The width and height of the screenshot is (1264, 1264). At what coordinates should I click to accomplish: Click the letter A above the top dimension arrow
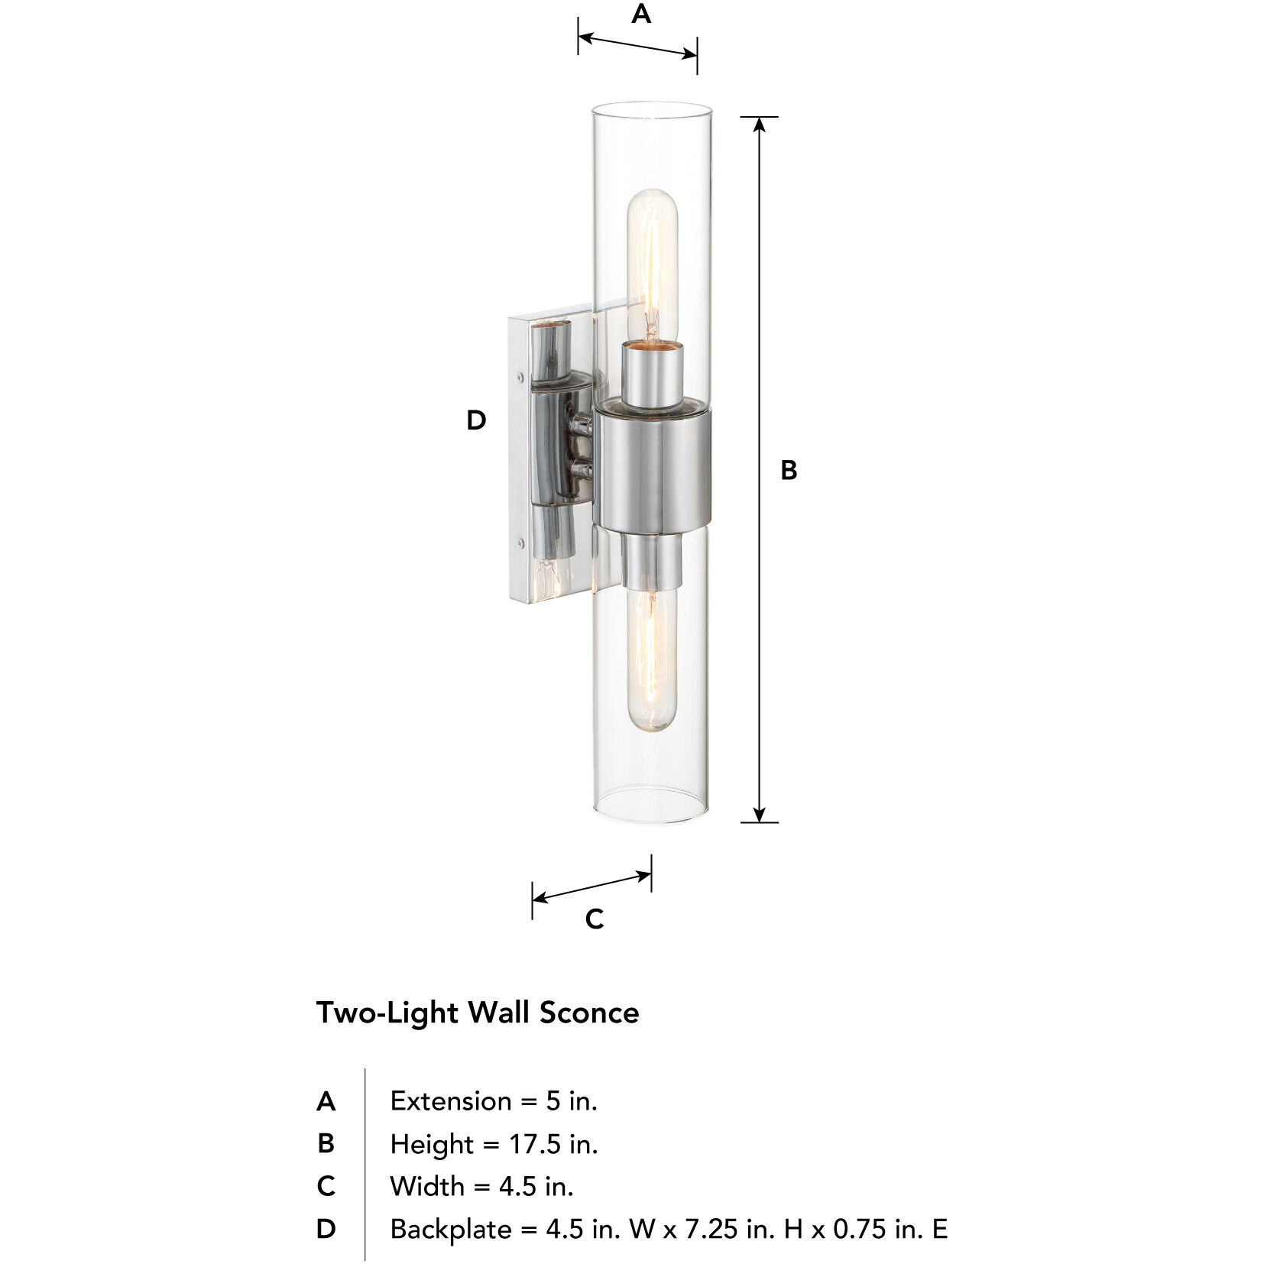(640, 15)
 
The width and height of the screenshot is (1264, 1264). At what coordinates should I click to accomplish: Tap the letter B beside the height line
(789, 470)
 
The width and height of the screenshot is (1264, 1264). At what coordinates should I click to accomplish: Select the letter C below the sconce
(594, 919)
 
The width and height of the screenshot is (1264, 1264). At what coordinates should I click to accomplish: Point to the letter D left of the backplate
(476, 420)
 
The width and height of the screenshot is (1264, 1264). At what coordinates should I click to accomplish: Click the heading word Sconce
(589, 1013)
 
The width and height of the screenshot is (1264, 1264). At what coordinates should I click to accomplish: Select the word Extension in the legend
(451, 1101)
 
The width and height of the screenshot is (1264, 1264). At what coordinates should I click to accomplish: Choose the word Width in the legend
(426, 1186)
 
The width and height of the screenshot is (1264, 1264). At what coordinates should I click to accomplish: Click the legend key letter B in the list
(326, 1144)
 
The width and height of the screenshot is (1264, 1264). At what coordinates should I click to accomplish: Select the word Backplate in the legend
(451, 1229)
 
